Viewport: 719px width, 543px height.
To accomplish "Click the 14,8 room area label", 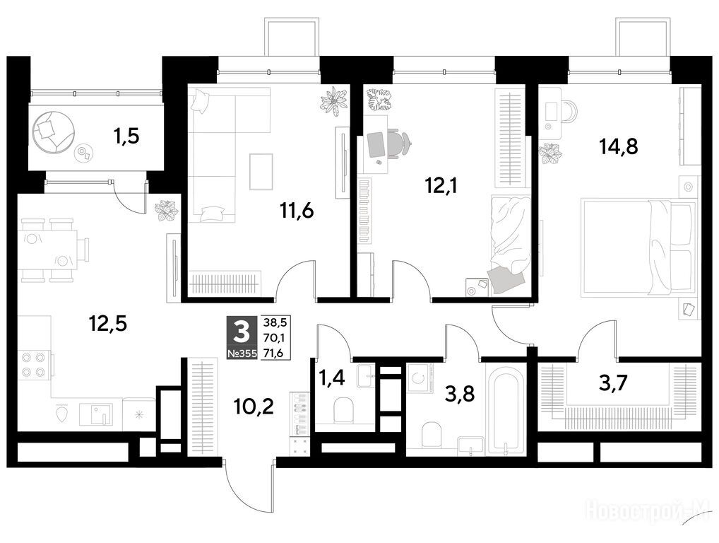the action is pyautogui.click(x=619, y=147).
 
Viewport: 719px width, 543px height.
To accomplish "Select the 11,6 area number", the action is pyautogui.click(x=296, y=211).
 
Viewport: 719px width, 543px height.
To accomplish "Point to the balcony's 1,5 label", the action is pyautogui.click(x=126, y=136).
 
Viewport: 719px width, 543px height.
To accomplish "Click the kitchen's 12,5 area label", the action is pyautogui.click(x=108, y=324).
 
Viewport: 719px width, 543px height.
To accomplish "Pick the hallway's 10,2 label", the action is pyautogui.click(x=253, y=407).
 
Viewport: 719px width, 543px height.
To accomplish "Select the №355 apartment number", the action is pyautogui.click(x=242, y=354).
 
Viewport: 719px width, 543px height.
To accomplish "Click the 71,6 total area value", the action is pyautogui.click(x=274, y=353).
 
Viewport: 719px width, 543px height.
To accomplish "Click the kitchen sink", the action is pyautogui.click(x=96, y=414).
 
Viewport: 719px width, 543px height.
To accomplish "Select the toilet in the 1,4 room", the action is pyautogui.click(x=343, y=410).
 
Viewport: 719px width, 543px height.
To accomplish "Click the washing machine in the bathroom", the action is pyautogui.click(x=420, y=378).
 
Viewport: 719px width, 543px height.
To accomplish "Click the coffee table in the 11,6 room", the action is pyautogui.click(x=261, y=172).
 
